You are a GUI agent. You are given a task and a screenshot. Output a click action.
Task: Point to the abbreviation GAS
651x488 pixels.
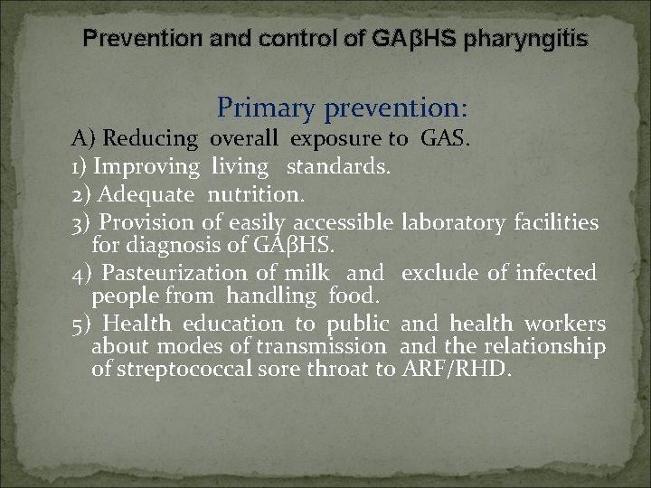pyautogui.click(x=443, y=139)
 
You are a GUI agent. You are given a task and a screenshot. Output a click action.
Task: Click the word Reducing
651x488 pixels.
pyautogui.click(x=151, y=139)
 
